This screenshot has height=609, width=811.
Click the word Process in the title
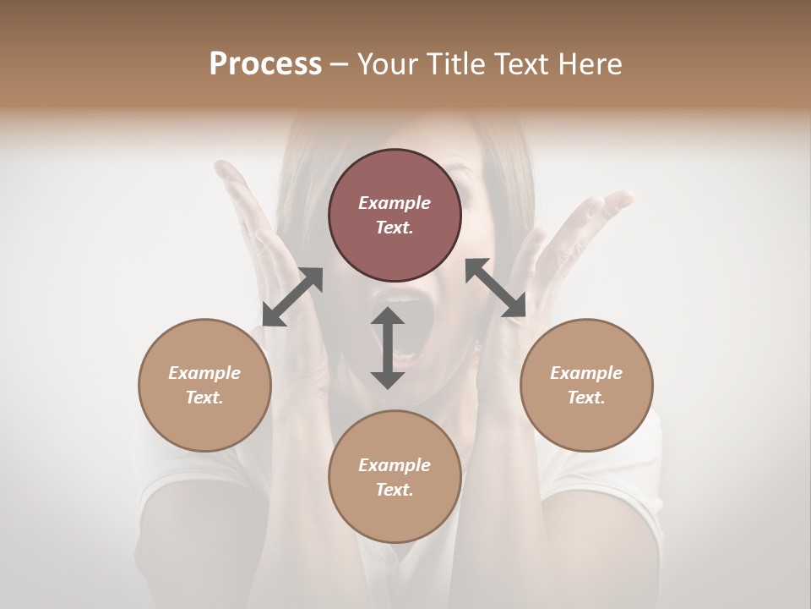point(265,64)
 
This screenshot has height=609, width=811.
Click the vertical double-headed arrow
point(388,348)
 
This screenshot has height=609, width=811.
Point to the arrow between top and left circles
point(292,297)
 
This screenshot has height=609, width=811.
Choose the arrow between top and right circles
point(495,288)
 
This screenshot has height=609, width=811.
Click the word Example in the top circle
point(395,203)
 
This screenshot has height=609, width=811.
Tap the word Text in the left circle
point(204,398)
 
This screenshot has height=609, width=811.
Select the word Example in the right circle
point(586,373)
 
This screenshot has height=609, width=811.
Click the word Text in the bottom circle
point(395,490)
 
